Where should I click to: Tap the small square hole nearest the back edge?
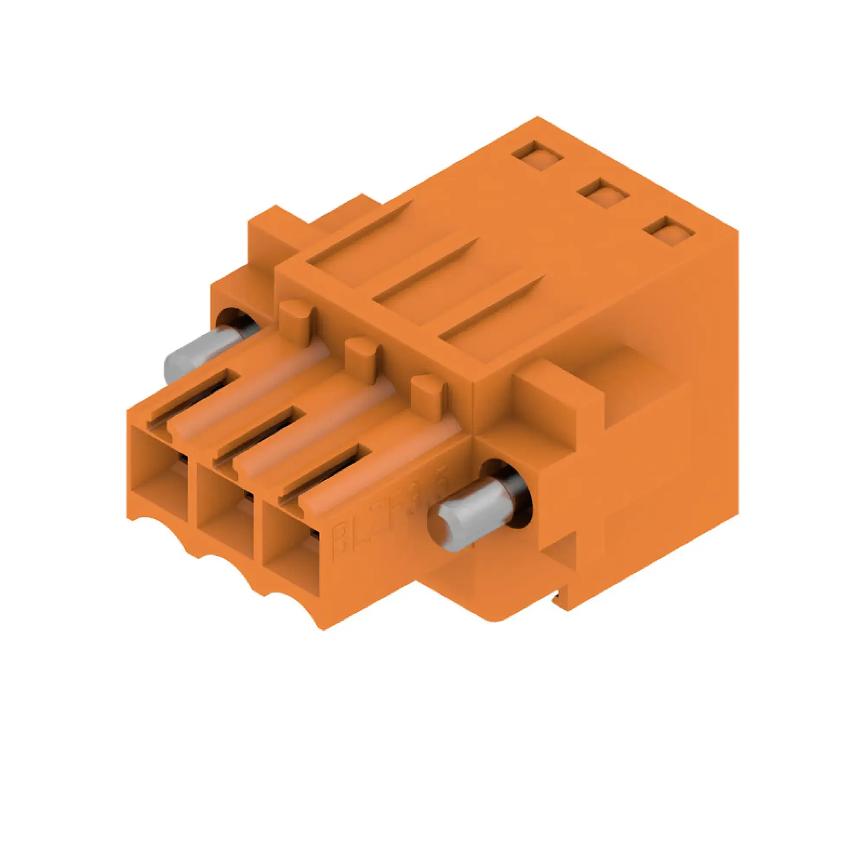(x=538, y=155)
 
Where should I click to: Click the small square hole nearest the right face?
(x=669, y=231)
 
